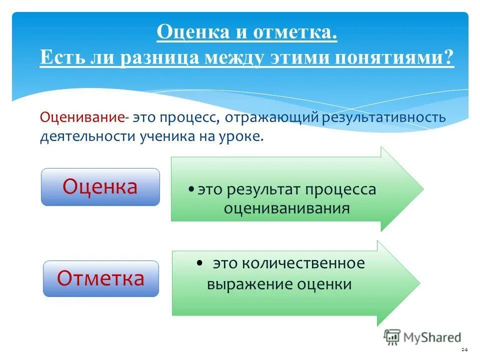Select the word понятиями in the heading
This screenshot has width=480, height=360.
point(390,57)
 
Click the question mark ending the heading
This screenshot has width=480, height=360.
point(448,57)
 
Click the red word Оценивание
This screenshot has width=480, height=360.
point(82,118)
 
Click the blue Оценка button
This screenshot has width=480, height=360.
point(100,187)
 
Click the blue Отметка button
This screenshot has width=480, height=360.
point(100,278)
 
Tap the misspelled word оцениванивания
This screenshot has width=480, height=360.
point(286,208)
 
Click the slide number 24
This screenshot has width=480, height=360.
point(464,349)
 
